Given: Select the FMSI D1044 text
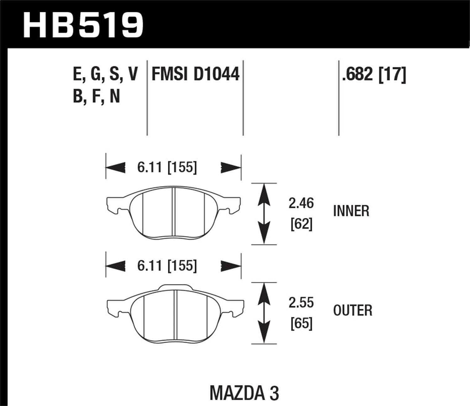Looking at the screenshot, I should (195, 74).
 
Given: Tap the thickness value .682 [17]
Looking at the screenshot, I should (374, 74).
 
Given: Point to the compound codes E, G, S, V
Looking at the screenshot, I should (105, 74).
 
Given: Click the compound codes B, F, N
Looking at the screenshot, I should (97, 96).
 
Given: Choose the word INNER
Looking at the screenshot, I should (351, 211).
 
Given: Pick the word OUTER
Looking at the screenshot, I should (352, 310).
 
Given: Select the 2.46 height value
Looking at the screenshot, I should (301, 204).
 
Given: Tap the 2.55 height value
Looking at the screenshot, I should (301, 303).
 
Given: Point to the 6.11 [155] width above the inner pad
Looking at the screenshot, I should (167, 168).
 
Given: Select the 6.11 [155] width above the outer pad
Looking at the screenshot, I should (167, 266).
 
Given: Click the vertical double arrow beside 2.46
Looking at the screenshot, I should (264, 214).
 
